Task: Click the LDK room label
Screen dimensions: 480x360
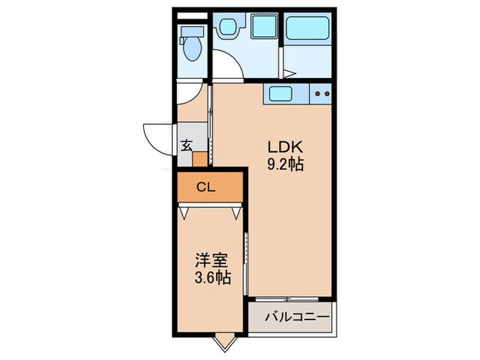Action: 285,147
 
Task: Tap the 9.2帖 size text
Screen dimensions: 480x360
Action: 285,165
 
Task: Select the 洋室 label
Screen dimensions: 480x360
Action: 211,261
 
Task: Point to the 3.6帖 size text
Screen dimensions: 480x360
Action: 213,278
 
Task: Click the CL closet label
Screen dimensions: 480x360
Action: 206,187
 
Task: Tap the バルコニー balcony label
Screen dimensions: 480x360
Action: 297,317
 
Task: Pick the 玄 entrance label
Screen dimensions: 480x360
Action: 187,145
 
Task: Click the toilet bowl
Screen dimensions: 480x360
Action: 193,49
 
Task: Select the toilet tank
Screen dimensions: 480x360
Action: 193,32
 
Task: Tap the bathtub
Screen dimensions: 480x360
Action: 307,28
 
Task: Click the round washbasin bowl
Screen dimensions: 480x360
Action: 228,26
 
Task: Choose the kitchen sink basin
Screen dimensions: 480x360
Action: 280,94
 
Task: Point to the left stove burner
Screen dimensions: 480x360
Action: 317,94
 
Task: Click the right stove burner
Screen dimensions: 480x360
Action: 327,94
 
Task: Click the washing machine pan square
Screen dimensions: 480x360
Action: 265,27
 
